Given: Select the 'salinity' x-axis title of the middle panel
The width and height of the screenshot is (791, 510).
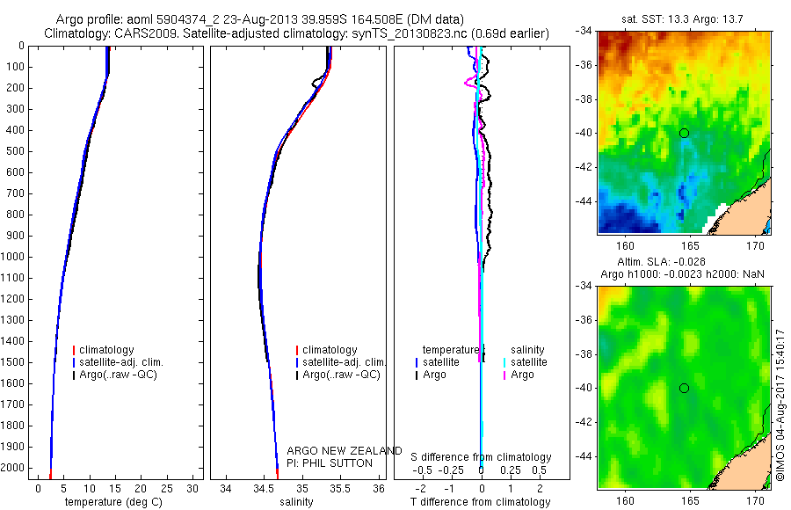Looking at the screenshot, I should (x=295, y=502).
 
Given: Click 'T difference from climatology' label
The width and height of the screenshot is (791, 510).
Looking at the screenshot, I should (x=480, y=502).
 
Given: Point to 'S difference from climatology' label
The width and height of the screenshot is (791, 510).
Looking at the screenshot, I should (x=482, y=457).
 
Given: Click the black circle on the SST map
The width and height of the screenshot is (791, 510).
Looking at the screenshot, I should (x=684, y=133).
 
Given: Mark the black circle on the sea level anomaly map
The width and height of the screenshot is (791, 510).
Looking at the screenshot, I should (x=684, y=388).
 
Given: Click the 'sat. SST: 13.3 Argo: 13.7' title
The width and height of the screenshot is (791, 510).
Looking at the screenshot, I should (x=684, y=18).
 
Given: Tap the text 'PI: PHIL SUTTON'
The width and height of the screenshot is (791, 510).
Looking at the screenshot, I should (x=330, y=463).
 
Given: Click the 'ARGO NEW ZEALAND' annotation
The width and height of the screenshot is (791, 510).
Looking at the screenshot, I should (x=345, y=451).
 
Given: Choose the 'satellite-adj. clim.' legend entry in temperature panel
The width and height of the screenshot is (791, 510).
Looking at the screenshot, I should (x=127, y=362).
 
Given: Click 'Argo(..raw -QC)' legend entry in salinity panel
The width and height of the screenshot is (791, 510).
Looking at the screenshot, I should (x=341, y=375).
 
